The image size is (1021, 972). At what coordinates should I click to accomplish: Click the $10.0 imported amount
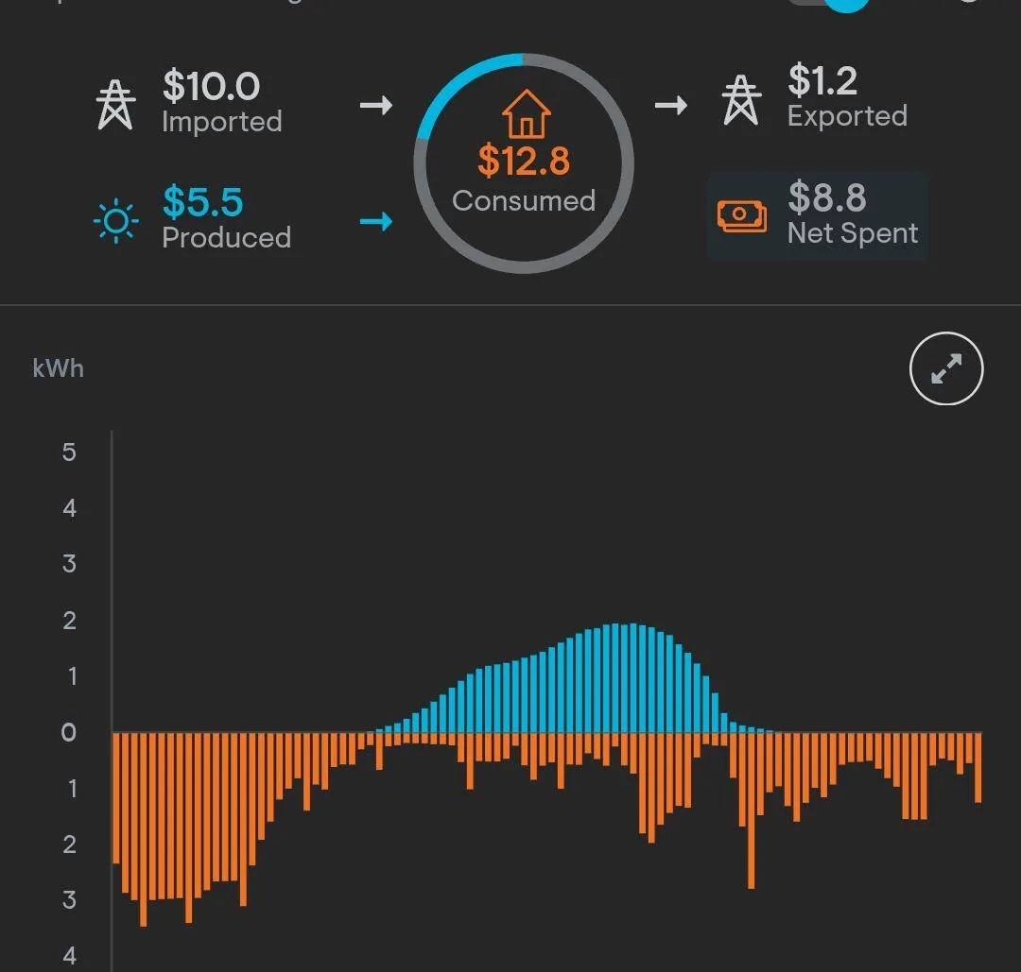[211, 86]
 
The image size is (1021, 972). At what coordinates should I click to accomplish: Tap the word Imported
[221, 122]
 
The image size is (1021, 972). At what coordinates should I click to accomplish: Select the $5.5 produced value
[202, 202]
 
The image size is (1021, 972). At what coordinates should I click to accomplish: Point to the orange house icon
[526, 114]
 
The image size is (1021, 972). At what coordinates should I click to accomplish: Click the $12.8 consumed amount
[524, 161]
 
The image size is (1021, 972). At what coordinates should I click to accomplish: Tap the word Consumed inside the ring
[524, 200]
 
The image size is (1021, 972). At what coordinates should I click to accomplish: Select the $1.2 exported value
[822, 81]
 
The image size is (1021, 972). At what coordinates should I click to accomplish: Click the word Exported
[847, 116]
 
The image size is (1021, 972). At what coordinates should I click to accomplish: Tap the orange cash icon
[742, 215]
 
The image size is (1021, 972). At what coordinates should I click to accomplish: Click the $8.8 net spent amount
[826, 197]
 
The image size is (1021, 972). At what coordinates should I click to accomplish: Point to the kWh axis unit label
[58, 368]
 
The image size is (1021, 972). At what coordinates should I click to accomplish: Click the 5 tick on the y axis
[69, 452]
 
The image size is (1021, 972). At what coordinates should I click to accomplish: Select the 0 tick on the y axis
[69, 732]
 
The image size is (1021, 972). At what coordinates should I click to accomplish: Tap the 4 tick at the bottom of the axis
[69, 956]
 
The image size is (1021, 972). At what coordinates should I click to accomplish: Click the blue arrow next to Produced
[376, 222]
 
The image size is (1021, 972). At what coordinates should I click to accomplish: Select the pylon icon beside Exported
[741, 99]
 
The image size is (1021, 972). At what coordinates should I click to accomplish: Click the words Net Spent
[853, 233]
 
